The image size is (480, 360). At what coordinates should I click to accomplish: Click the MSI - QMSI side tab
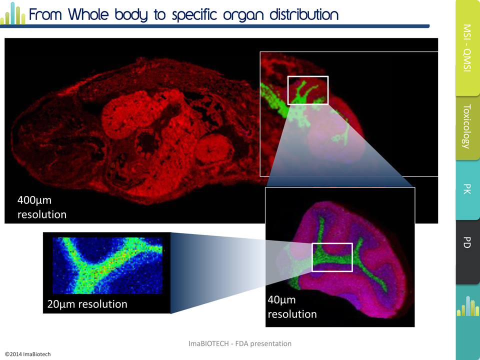tap(467, 48)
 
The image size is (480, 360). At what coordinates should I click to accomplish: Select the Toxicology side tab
tap(467, 127)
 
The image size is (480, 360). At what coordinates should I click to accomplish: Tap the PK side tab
tap(467, 189)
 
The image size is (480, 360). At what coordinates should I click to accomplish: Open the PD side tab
tap(467, 251)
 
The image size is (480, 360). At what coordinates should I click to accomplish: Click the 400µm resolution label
tap(42, 207)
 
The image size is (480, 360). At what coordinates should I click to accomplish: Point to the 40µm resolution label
tap(292, 306)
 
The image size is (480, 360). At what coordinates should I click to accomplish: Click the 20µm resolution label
tap(87, 304)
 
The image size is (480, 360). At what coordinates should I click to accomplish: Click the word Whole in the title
tap(88, 14)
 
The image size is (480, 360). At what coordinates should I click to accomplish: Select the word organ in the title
tap(243, 16)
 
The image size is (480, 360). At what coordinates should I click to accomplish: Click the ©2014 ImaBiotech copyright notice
tap(27, 354)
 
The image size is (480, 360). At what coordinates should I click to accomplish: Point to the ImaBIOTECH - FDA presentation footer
tap(239, 343)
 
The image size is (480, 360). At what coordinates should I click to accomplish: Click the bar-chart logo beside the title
tap(13, 13)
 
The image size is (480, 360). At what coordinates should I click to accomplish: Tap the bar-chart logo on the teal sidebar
tap(468, 306)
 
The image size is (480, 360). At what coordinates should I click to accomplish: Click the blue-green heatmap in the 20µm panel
tap(107, 265)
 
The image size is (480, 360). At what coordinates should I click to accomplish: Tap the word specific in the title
tap(194, 15)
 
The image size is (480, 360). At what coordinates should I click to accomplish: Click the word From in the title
tap(45, 14)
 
